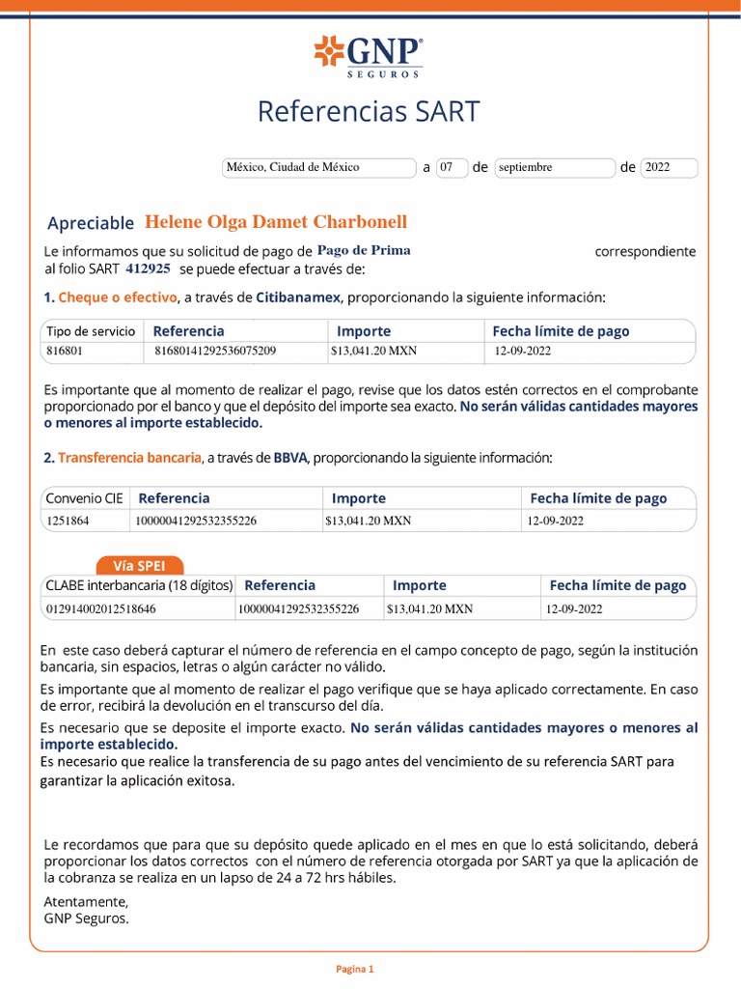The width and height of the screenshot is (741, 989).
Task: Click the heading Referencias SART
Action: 368,112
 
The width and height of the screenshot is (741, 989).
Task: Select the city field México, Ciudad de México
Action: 317,167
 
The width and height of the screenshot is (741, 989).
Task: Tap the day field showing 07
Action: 451,167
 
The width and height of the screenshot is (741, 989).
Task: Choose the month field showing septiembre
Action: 554,167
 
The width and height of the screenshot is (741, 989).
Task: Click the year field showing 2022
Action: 668,167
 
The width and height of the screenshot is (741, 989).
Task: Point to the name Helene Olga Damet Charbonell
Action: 276,221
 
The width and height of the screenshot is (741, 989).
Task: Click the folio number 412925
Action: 149,268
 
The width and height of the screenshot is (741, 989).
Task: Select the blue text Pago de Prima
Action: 364,250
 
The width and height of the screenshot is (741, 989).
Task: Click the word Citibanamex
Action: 299,297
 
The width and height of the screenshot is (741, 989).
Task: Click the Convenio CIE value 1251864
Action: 69,521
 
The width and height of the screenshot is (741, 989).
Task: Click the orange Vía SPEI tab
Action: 139,566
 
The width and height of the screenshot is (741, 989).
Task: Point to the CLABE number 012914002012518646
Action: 101,609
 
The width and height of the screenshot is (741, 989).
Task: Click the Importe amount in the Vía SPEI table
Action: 429,609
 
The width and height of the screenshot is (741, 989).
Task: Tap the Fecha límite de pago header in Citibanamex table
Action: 561,331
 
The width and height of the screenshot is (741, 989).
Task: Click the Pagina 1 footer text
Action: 354,969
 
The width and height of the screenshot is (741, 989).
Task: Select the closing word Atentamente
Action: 85,901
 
